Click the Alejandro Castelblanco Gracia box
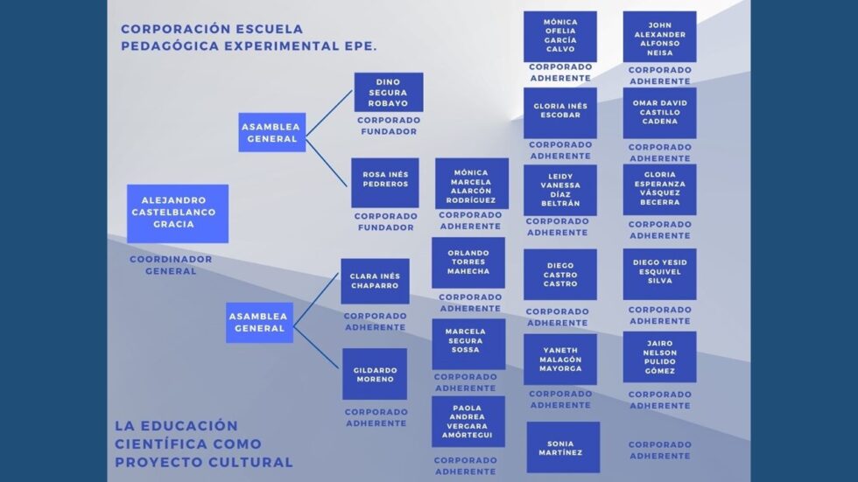point(178,213)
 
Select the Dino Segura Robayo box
point(389,93)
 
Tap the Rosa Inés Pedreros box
point(385,183)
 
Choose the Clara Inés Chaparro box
point(375,282)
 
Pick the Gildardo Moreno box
point(375,374)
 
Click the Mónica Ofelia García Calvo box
point(560,37)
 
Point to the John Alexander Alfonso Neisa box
point(660,37)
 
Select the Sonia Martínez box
point(563,447)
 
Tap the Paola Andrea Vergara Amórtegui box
point(468,422)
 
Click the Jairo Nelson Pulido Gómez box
point(660,357)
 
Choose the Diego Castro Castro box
point(560,275)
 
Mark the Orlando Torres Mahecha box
point(468,262)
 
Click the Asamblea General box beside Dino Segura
point(272,133)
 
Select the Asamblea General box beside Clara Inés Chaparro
point(259,323)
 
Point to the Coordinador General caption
point(171,265)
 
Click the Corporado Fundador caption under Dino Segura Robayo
point(389,126)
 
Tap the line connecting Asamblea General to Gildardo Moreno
point(316,347)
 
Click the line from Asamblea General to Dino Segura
point(329,113)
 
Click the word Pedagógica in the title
point(171,45)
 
